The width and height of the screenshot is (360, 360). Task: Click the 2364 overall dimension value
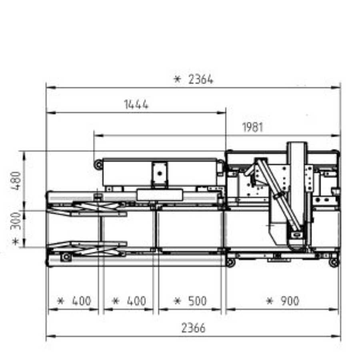[x=201, y=80]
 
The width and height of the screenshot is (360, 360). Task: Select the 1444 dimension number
[x=136, y=104]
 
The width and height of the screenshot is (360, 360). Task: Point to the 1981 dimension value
[x=252, y=127]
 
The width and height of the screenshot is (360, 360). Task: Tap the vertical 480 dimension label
[x=16, y=181]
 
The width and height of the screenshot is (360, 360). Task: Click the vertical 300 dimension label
[x=16, y=221]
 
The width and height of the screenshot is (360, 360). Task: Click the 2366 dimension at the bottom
[x=193, y=328]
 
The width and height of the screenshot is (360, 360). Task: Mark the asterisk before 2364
[x=177, y=80]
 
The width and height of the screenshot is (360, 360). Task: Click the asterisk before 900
[x=270, y=301]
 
